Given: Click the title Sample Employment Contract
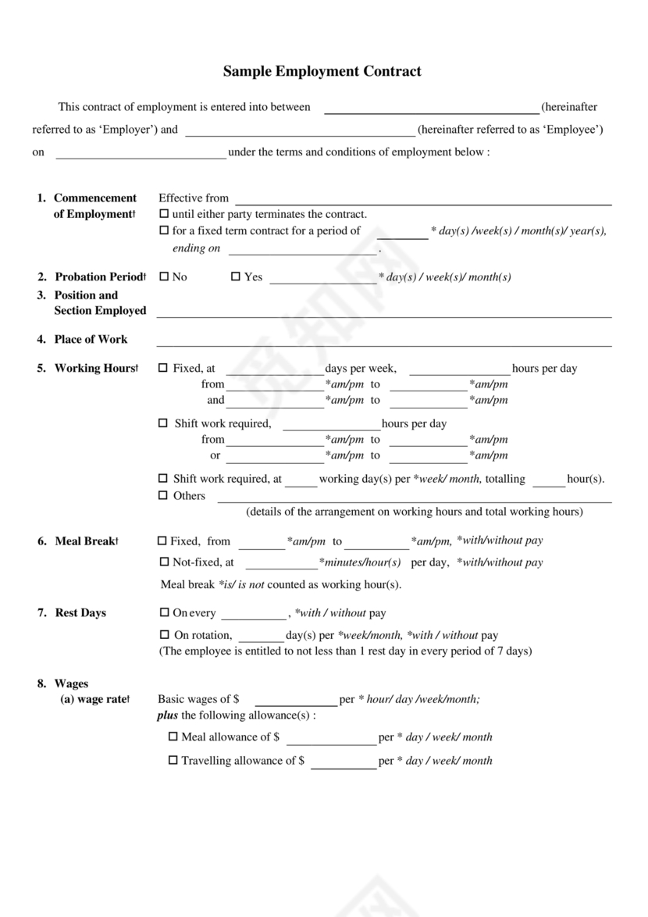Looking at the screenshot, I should [322, 72].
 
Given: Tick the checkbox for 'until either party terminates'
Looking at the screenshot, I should [164, 214].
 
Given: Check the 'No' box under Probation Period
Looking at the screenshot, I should [163, 277].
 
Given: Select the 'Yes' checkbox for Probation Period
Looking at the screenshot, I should [236, 277].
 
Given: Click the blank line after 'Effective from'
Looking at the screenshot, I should [423, 199].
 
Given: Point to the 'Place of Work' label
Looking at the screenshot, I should [91, 339].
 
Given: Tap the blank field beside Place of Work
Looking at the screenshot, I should [384, 340].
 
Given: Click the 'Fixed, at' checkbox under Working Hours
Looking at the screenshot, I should [163, 368].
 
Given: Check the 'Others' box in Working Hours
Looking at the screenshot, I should [163, 495].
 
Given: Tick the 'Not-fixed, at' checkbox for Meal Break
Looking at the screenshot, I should [164, 562].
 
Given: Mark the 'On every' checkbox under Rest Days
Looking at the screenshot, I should [164, 613].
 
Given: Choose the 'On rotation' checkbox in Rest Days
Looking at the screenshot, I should [164, 635].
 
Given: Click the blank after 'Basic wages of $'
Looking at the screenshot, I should [296, 701].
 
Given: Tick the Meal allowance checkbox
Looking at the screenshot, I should [173, 737].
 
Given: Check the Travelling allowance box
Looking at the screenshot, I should [173, 760].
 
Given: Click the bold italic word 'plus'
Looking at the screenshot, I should [168, 715].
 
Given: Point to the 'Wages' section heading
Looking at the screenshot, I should [71, 684].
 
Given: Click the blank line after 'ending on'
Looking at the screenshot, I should [303, 250].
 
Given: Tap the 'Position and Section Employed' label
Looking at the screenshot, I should [99, 303].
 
